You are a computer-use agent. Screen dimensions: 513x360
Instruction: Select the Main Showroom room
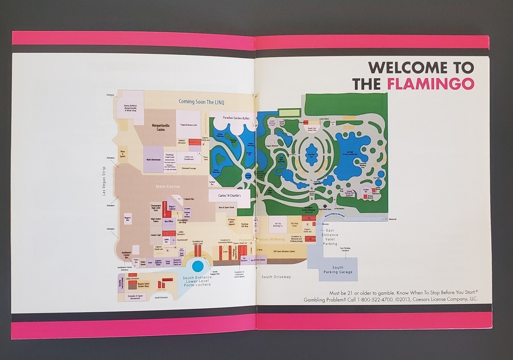[x=153, y=159]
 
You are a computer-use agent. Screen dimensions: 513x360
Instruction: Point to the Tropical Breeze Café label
[x=188, y=125]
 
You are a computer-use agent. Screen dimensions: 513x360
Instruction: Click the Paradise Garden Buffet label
[x=236, y=117]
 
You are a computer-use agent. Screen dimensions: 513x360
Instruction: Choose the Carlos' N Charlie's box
[x=228, y=195]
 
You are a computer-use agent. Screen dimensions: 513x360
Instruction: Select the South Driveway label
[x=276, y=277]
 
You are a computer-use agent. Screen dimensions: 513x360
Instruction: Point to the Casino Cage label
[x=156, y=235]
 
